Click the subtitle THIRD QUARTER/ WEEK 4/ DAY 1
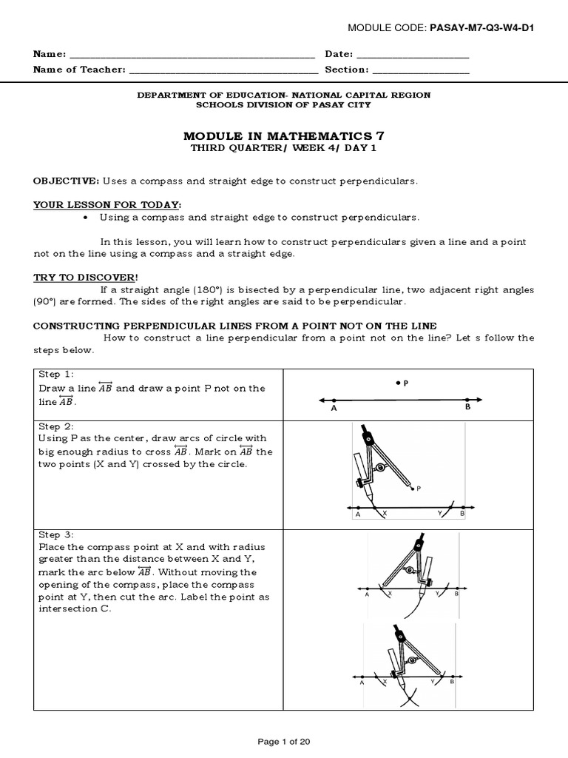point(283,148)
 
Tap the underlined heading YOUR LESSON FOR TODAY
point(106,204)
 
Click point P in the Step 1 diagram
point(398,383)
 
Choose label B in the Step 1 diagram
point(467,407)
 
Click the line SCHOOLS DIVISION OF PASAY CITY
point(283,105)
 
